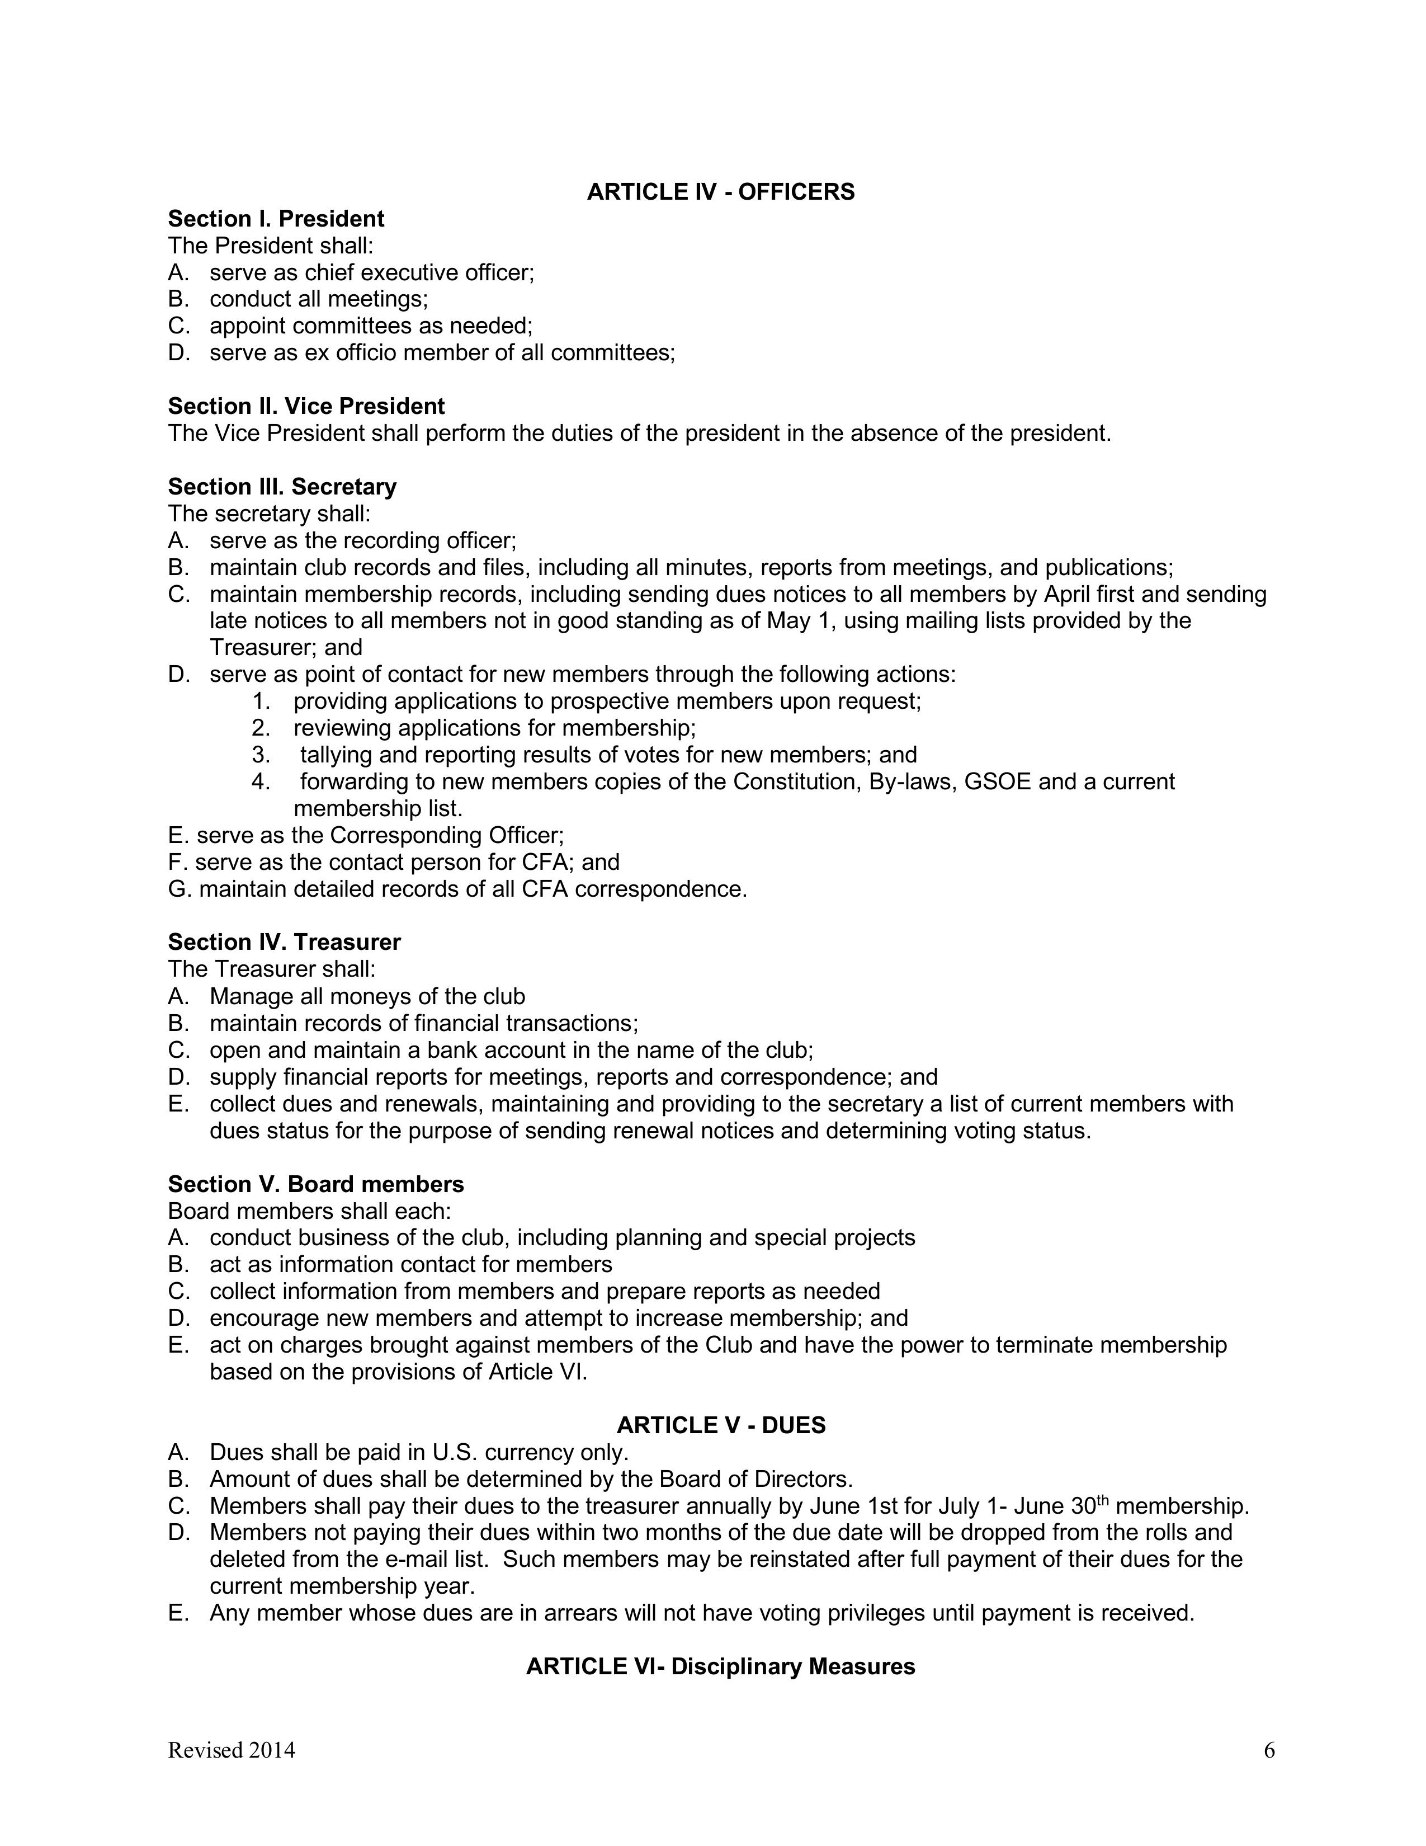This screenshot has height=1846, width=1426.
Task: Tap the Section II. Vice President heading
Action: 306,407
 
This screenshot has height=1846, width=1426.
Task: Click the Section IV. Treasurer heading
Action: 284,943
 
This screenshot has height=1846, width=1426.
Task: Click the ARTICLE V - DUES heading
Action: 721,1425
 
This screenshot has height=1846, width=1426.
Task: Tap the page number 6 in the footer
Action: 1269,1750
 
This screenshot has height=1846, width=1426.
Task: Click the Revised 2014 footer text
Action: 232,1750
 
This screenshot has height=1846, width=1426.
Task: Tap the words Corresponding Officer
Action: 445,836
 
